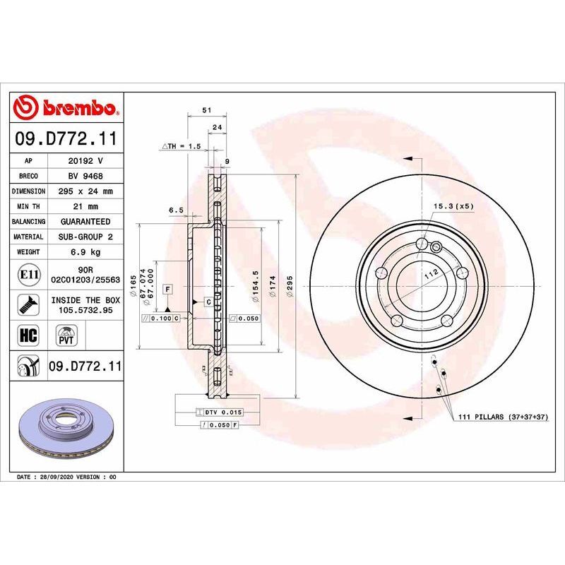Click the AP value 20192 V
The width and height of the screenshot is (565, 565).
tap(85, 161)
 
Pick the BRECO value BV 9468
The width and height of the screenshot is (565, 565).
tap(85, 177)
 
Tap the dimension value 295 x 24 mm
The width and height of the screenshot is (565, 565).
tap(85, 191)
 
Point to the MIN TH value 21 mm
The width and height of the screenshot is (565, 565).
tap(85, 206)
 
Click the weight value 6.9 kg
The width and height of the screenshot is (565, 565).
tap(85, 251)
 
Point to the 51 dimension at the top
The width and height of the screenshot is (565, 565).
tap(206, 111)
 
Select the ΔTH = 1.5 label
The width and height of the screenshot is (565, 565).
tap(182, 145)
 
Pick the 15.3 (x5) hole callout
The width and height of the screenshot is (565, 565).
tap(453, 206)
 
